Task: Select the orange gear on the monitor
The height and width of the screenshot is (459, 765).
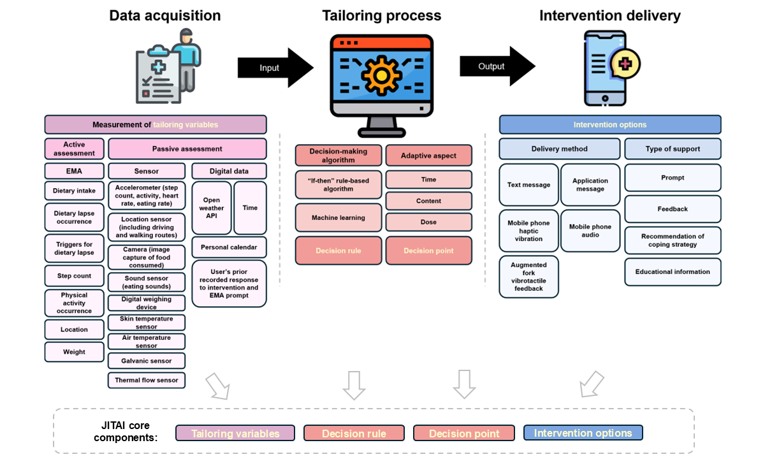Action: tap(381, 75)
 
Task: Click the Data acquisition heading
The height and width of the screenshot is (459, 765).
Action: tap(165, 15)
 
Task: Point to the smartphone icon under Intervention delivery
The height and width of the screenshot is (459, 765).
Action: tap(606, 67)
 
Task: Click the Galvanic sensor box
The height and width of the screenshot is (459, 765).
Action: tap(147, 361)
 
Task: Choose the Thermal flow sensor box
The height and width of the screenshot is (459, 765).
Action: tap(147, 381)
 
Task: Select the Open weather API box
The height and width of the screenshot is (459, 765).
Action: tap(212, 208)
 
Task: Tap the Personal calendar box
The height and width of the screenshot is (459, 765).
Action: tap(229, 247)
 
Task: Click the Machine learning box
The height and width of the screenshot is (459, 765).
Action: tap(339, 217)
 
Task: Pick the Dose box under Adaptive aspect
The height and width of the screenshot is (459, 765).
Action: tap(428, 222)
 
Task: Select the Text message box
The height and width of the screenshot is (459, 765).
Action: tap(529, 185)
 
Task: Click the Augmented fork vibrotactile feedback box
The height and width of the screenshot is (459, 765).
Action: tap(528, 277)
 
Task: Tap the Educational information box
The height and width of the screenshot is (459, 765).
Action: tap(673, 272)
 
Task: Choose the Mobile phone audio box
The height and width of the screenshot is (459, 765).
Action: tap(590, 231)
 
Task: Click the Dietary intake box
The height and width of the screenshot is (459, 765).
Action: tap(74, 191)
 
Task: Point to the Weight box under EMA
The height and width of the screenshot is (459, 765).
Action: tap(74, 352)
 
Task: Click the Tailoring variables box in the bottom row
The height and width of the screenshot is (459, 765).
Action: tap(235, 433)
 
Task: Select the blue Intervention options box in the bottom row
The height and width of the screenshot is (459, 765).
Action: tap(583, 433)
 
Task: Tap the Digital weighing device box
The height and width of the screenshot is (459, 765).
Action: tap(147, 303)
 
